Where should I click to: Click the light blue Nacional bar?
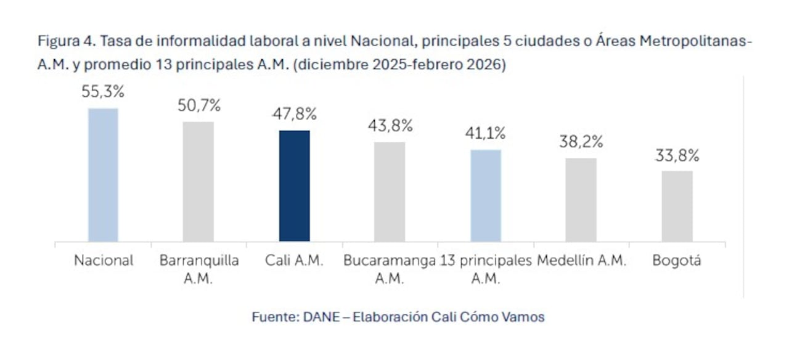point(103,175)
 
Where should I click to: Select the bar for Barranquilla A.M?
point(198,181)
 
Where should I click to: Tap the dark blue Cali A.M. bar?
point(295,186)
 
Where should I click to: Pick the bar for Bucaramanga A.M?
point(390,192)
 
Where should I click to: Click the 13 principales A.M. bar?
point(486,195)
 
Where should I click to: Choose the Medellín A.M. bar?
point(581,200)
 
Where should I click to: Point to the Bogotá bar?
point(677,206)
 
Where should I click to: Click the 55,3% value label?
point(103,92)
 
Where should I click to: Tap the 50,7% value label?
point(198,106)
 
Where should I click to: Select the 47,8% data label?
point(295,115)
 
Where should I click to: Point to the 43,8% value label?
point(390,126)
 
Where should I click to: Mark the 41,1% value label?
point(486,134)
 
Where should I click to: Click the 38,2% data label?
point(581,142)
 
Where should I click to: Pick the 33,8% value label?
point(677,155)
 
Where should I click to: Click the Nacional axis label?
point(104,261)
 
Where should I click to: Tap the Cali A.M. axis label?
point(295,261)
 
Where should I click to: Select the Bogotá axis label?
point(677,261)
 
